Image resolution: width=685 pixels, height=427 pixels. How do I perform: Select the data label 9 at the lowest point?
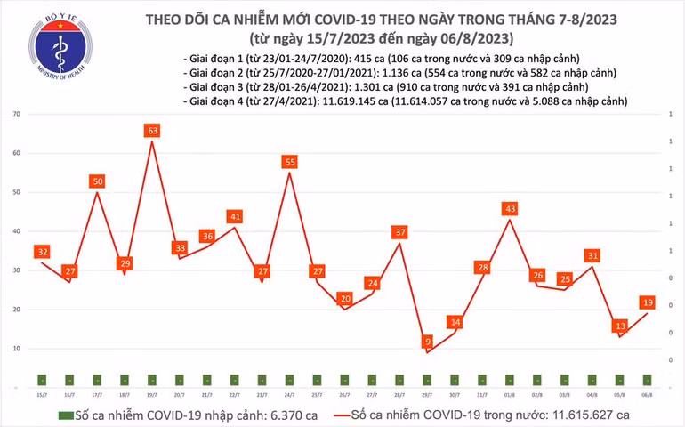428,341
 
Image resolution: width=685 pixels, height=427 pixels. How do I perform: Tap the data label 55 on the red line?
290,162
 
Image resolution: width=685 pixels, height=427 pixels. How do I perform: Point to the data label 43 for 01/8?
510,208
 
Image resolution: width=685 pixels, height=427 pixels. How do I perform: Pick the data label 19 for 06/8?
648,302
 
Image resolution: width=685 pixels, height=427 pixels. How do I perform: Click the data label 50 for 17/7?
98,181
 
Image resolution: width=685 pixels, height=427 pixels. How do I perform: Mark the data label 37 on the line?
400,232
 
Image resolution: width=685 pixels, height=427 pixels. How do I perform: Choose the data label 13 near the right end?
620,326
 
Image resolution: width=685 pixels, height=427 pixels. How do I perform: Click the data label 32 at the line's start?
42,252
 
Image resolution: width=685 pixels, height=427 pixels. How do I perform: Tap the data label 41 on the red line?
235,216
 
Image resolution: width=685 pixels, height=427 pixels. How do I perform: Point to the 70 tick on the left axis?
17,115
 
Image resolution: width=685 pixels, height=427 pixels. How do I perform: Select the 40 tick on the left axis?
17,231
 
